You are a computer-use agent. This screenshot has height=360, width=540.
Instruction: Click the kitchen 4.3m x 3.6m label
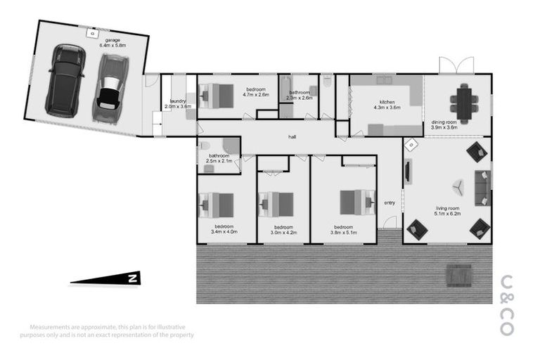coord(390,105)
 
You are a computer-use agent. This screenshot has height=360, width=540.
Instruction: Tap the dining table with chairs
coord(464,102)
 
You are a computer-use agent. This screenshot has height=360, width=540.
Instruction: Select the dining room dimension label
coord(444,125)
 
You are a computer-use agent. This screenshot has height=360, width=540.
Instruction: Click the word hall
coord(292,137)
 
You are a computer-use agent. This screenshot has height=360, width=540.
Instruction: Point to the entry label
coord(389,203)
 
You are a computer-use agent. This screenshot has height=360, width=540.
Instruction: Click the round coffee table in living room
coord(458,186)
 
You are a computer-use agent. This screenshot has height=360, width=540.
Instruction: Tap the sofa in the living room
coord(483,188)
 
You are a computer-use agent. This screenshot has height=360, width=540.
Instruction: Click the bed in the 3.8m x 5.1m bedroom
coord(357,202)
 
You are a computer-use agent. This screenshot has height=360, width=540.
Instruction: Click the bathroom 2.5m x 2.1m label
coord(219,158)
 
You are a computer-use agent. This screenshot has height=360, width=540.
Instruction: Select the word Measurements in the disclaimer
coord(49,327)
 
